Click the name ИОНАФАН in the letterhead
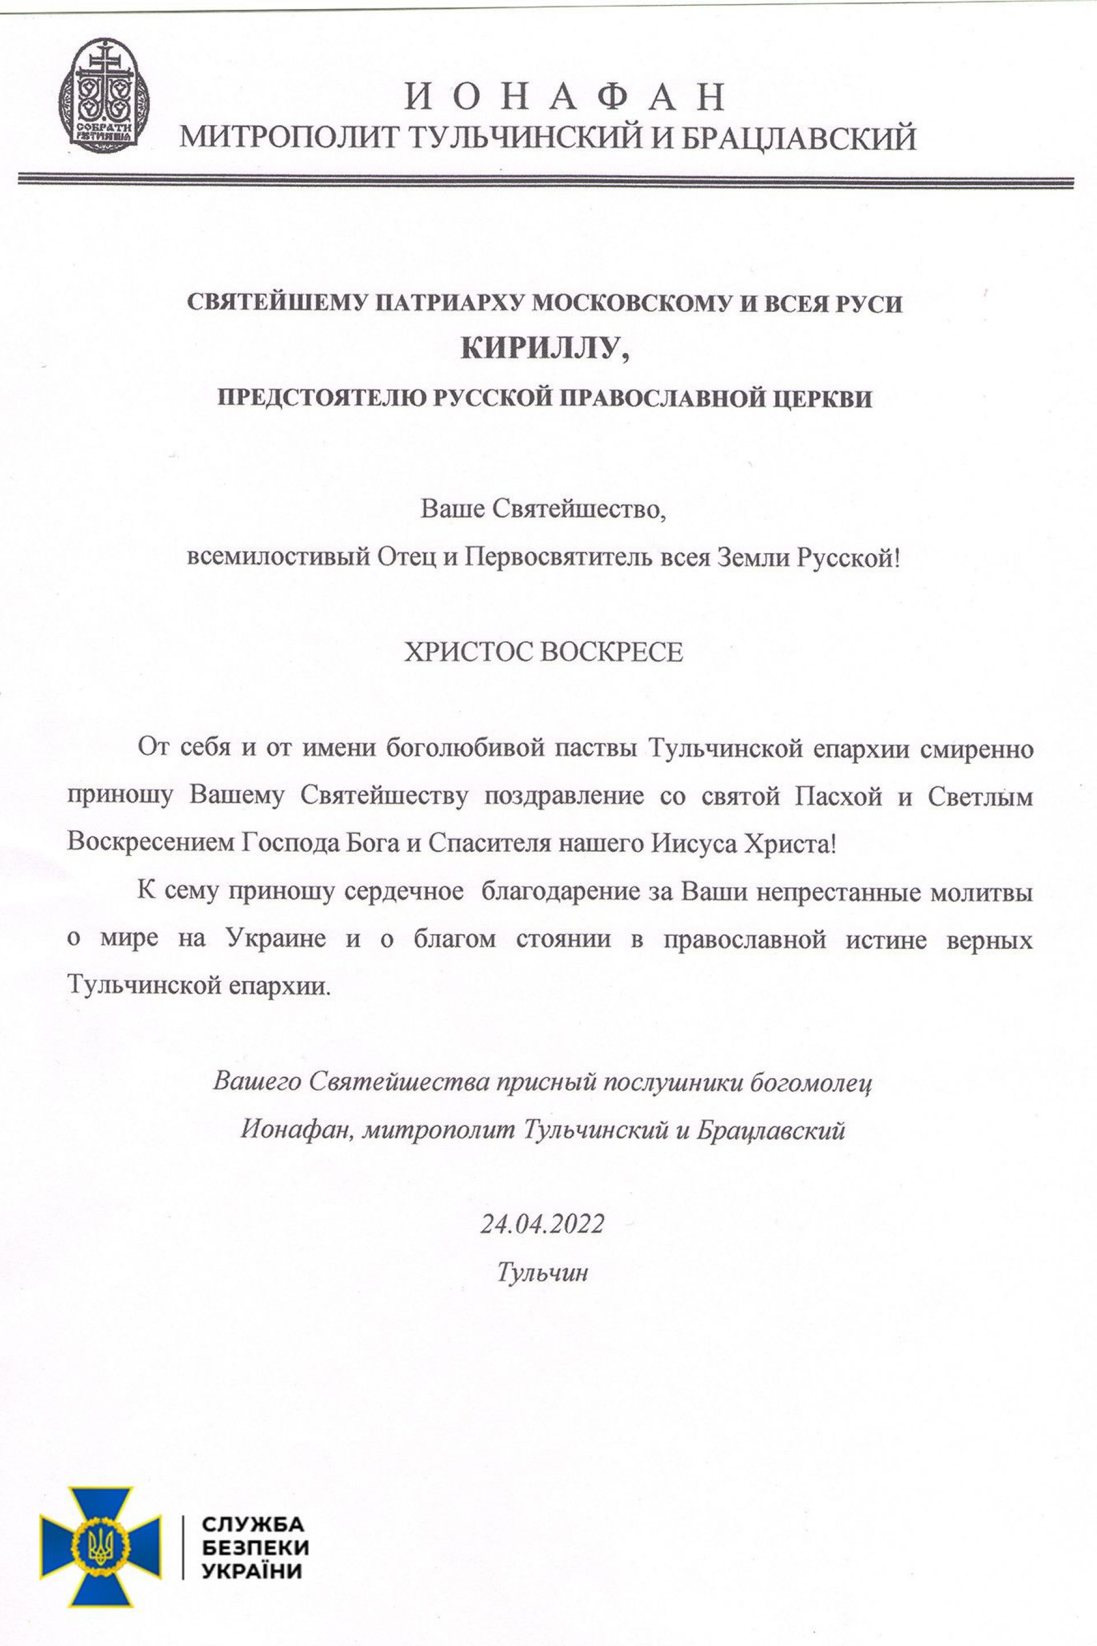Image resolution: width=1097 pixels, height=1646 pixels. (564, 97)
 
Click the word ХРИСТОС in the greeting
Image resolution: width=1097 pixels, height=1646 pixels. (461, 652)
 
